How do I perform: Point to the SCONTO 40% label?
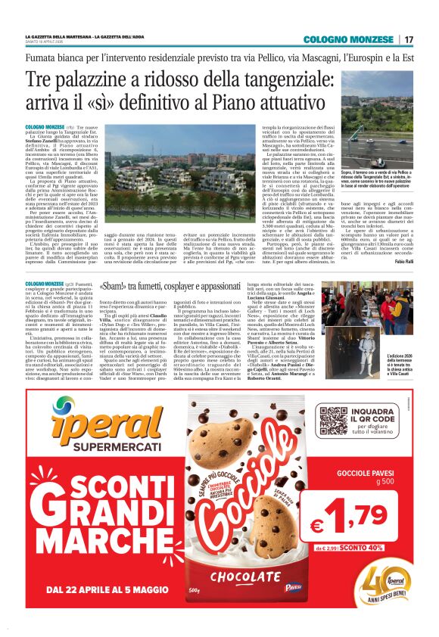click(383, 546)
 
